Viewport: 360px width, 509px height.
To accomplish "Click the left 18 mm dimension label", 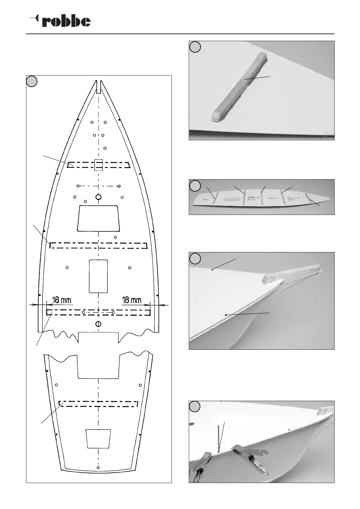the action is [x=61, y=300].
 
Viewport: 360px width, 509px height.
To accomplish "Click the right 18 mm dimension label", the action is [x=131, y=300].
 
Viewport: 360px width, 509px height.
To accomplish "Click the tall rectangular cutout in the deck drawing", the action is [x=98, y=276].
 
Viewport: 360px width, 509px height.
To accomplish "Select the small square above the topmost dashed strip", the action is [x=99, y=165].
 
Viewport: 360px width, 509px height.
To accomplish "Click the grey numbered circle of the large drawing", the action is [x=32, y=81].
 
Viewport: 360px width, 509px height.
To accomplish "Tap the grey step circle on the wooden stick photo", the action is [x=195, y=47].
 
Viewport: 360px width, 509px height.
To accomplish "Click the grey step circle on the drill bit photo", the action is [x=195, y=407].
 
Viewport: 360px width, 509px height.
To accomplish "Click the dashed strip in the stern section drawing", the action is [x=98, y=404].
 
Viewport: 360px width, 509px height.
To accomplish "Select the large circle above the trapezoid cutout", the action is [x=98, y=197].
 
